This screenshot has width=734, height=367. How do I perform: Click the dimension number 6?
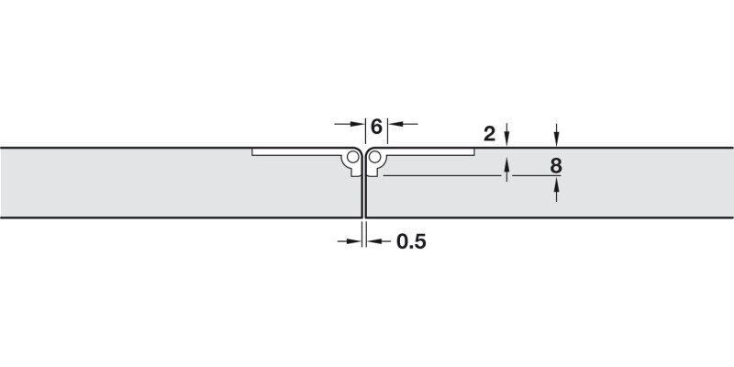point(376,126)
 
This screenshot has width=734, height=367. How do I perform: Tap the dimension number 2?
point(489,134)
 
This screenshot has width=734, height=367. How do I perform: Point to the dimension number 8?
point(556,166)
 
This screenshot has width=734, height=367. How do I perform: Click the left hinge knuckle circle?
point(353,159)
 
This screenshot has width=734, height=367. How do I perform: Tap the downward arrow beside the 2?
point(506,139)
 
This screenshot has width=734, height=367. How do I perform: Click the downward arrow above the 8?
point(556,139)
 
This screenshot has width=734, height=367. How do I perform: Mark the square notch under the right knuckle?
point(374,170)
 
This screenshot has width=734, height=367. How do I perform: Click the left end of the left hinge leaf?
point(254,152)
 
